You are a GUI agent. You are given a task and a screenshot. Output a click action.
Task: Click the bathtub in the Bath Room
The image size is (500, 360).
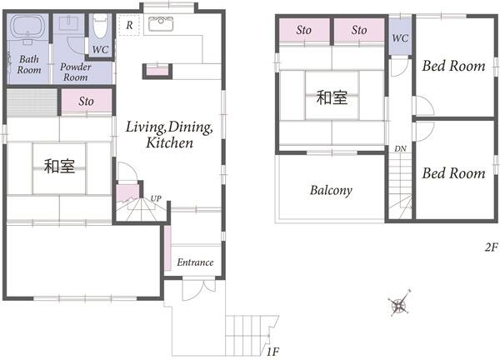pyautogui.click(x=27, y=26)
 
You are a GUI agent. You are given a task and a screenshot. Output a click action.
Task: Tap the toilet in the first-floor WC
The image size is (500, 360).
pyautogui.click(x=101, y=26)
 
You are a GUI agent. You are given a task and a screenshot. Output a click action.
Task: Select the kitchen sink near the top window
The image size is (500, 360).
pyautogui.click(x=161, y=24)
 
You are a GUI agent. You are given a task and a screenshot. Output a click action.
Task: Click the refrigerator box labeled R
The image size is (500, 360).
pyautogui.click(x=129, y=25)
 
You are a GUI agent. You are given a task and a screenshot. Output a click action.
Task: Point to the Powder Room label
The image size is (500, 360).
pyautogui.click(x=76, y=72)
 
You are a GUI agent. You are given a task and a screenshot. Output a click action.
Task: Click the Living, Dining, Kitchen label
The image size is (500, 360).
pyautogui.click(x=169, y=134)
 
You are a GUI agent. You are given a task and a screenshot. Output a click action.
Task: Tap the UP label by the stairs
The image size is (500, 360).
pyautogui.click(x=156, y=198)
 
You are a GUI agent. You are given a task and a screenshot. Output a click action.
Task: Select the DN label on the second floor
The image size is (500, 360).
pyautogui.click(x=400, y=148)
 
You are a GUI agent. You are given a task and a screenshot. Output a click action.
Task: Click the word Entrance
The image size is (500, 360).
pyautogui.click(x=195, y=262)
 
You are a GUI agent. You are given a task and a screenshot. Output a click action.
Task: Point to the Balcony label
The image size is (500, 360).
pyautogui.click(x=331, y=190)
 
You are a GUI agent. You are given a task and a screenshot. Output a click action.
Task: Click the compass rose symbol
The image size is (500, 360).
pyautogui.click(x=399, y=303)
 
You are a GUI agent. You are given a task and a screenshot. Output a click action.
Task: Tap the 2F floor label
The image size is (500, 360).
pyautogui.click(x=491, y=247)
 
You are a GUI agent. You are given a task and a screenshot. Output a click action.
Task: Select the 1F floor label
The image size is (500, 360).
pyautogui.click(x=272, y=352)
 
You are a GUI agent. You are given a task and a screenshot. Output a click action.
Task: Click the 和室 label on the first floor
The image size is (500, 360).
pyautogui.click(x=60, y=166)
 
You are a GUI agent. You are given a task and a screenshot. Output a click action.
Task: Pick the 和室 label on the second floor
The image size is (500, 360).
pyautogui.click(x=332, y=97)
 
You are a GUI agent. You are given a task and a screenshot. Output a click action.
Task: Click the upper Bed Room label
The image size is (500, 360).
pyautogui.click(x=453, y=66)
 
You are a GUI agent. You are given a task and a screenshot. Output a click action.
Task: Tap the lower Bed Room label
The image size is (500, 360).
pyautogui.click(x=453, y=173)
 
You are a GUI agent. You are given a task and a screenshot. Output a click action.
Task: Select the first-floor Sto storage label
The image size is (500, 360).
pyautogui.click(x=86, y=101)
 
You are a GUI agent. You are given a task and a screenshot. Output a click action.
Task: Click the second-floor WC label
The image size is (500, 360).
pyautogui.click(x=400, y=38)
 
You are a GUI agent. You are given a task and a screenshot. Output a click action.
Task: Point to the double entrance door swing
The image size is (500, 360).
pyautogui.click(x=199, y=290)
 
